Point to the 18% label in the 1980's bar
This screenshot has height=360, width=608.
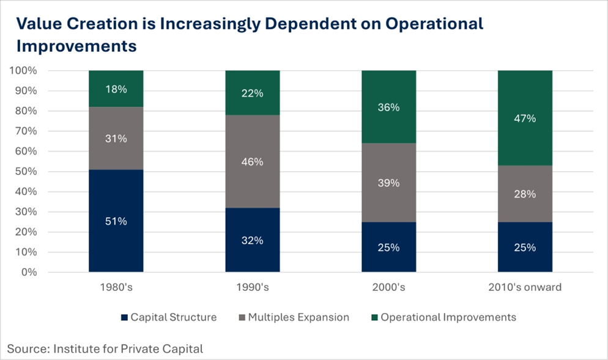[x=116, y=89]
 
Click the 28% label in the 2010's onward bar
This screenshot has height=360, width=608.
[x=525, y=194]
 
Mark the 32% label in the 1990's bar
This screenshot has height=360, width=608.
[x=252, y=240]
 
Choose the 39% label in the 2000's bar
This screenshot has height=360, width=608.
[x=388, y=183]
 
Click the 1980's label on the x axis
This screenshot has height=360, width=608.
[x=116, y=287]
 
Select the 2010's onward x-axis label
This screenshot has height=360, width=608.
[x=525, y=287]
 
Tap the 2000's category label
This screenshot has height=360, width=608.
[x=388, y=287]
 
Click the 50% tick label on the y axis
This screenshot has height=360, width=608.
[x=26, y=172]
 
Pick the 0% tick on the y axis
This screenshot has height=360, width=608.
[x=28, y=272]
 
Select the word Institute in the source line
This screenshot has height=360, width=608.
[x=76, y=349]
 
